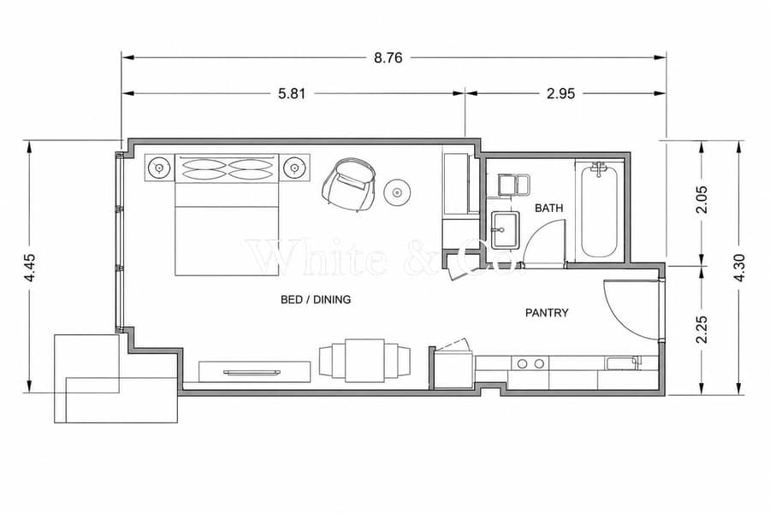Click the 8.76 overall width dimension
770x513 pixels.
coord(388,58)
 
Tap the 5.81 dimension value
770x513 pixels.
coord(292,93)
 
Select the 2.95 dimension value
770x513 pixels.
coord(560,93)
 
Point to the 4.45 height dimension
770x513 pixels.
coord(31,268)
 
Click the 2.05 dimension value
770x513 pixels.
coord(702,199)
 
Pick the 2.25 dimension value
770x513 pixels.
coord(702,329)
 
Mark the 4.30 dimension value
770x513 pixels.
coord(739,268)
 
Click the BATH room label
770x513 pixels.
coord(549,208)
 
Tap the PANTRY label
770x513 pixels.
coord(547,313)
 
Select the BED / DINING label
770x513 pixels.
coord(316,299)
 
